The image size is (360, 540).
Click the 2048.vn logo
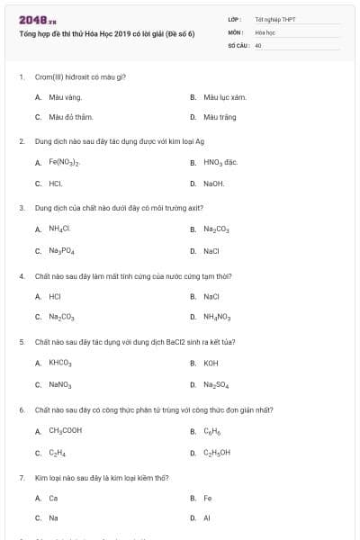(x=37, y=19)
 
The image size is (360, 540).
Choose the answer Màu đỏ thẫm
(x=71, y=117)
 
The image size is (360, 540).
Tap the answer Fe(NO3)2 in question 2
(x=66, y=163)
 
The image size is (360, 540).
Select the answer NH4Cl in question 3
(x=59, y=229)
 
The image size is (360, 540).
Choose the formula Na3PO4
(x=62, y=250)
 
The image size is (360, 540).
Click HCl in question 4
(x=55, y=295)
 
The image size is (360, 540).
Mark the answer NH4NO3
(x=218, y=317)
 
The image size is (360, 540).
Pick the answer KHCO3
(x=60, y=363)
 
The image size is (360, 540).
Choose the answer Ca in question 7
(x=53, y=498)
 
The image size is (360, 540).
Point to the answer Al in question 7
(x=207, y=518)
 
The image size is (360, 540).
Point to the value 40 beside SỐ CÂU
(x=258, y=43)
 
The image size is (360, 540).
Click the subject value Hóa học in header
(x=264, y=31)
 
